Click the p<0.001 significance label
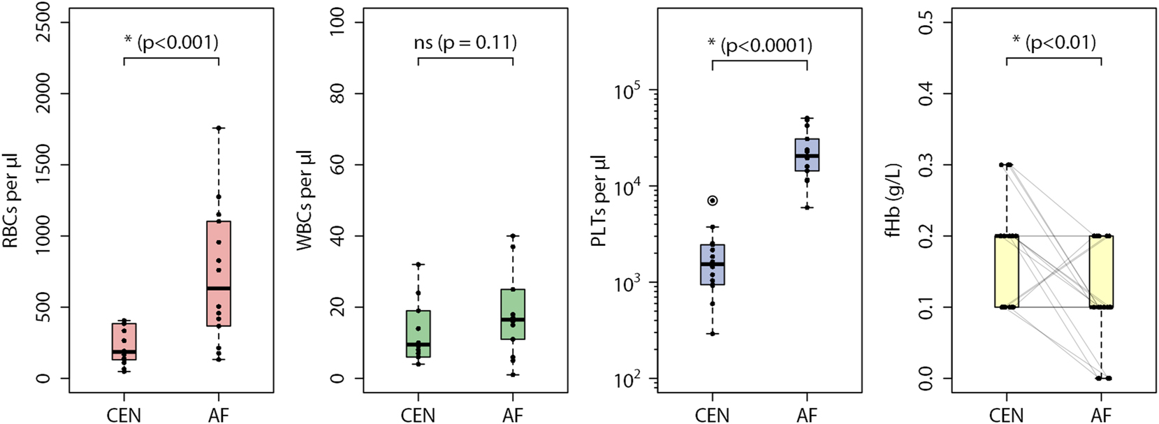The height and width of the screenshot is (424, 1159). pos(171,43)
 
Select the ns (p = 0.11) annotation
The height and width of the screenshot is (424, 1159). pos(465,43)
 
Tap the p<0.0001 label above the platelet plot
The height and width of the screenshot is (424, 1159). pos(759,45)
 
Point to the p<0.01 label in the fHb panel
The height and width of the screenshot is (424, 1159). pos(1054,43)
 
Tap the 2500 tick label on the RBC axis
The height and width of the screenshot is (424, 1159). pos(43,22)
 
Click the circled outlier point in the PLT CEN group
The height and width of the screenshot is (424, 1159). pos(712,200)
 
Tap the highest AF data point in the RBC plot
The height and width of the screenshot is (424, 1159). pos(219,128)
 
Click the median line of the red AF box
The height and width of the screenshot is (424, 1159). pos(219,288)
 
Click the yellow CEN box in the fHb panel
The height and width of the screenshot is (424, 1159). pos(1007,271)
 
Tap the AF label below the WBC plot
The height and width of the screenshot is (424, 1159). pos(513,415)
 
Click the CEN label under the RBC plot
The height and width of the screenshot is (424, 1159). pos(124,415)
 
